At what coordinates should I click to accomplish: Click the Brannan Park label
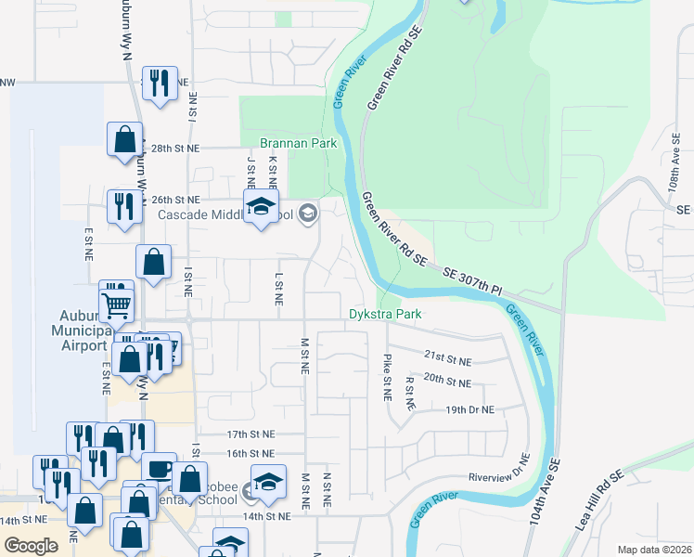[297, 144]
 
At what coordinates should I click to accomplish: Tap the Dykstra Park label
[385, 315]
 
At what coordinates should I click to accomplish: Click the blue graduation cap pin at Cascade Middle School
[262, 207]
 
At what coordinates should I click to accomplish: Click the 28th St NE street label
[175, 149]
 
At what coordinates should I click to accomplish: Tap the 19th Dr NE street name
[469, 409]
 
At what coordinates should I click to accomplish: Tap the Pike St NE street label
[387, 376]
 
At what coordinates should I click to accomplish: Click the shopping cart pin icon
[117, 303]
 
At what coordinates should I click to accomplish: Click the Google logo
[31, 546]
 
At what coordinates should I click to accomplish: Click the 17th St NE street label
[251, 434]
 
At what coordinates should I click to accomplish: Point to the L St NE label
[277, 289]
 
